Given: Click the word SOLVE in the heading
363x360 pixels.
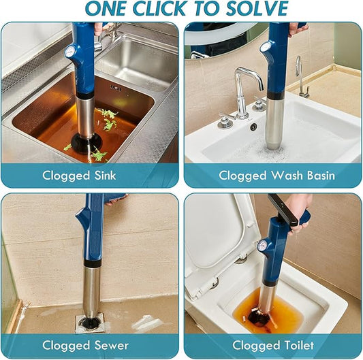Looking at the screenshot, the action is (x=257, y=8).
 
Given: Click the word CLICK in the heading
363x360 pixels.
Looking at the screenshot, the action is (x=159, y=8).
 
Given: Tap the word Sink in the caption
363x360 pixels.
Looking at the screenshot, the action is (x=105, y=176).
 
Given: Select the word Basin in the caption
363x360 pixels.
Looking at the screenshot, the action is (x=321, y=176).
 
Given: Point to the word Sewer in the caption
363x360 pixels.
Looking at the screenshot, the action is (x=112, y=346).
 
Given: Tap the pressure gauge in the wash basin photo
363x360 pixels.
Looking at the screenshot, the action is (x=264, y=47).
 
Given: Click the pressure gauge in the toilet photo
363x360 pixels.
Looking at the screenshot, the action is (x=262, y=246).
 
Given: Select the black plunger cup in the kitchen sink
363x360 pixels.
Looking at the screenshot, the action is (x=86, y=144).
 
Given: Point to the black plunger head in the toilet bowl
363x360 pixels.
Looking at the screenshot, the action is (x=259, y=317).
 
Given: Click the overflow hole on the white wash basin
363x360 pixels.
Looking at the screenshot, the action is (x=254, y=127).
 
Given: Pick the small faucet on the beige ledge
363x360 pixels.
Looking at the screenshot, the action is (x=302, y=77).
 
